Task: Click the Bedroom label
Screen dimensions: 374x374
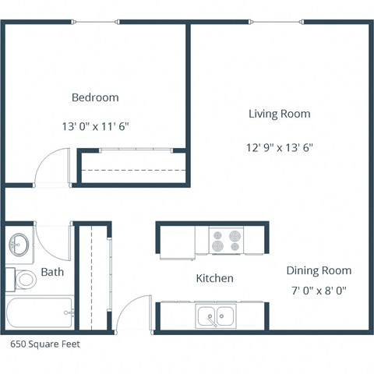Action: coord(95,97)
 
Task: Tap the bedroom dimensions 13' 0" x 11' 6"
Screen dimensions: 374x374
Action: coord(95,125)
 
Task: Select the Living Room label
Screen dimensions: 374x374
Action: coord(279,114)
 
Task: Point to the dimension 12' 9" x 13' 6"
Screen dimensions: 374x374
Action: coord(279,146)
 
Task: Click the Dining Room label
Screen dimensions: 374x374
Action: coord(318,270)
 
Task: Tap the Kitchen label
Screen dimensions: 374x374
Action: coord(214,278)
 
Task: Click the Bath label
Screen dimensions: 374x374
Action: coord(52,272)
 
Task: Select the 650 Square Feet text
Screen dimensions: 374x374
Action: coord(44,342)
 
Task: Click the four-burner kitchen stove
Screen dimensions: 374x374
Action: coord(226,239)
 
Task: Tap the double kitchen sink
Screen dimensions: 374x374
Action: coord(217,316)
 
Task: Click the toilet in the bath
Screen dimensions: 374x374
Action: coord(23,278)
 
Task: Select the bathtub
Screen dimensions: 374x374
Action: coord(39,314)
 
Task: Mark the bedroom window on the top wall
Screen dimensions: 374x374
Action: coord(95,21)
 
